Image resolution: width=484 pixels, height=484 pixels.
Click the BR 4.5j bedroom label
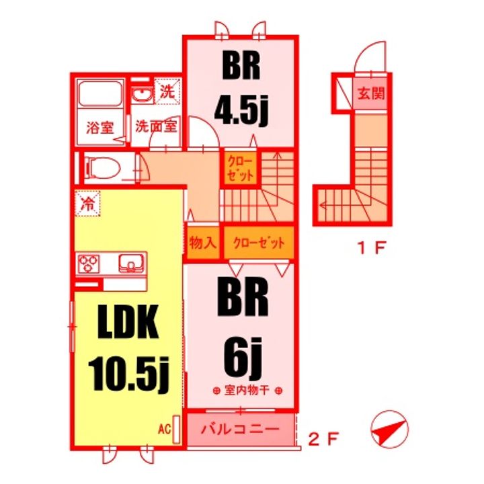tap(240, 94)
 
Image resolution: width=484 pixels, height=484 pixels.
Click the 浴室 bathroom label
tap(99, 128)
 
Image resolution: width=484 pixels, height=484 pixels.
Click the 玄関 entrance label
tap(370, 94)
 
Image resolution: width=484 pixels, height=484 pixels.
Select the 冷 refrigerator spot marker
tap(87, 202)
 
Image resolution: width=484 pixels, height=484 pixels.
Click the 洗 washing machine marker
tap(165, 91)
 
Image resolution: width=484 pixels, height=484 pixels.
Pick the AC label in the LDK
tap(165, 428)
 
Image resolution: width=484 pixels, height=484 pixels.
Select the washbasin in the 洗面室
tap(142, 95)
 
